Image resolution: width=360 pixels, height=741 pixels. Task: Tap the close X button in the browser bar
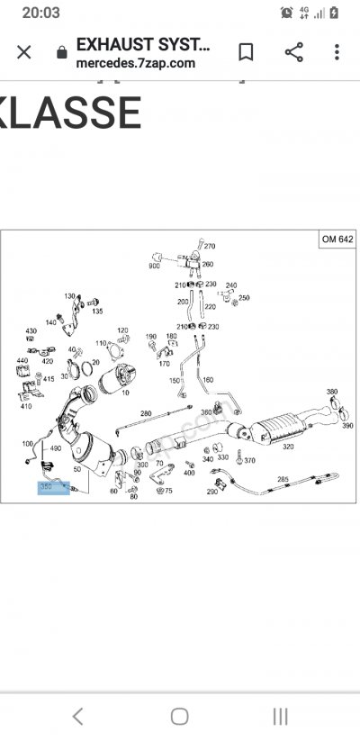pos(24,52)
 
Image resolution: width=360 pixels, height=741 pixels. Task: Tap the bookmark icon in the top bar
pos(246,52)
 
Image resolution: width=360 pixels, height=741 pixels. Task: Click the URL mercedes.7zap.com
pos(135,63)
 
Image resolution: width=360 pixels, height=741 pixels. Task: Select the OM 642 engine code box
pos(337,240)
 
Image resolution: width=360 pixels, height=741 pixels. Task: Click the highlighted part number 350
pos(47,487)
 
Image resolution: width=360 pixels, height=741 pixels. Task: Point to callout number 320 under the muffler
pos(288,446)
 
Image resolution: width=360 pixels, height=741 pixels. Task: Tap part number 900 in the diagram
pos(154,267)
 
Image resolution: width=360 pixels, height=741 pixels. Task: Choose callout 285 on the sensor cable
pos(283,480)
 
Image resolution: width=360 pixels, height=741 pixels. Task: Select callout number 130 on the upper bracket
pos(69,296)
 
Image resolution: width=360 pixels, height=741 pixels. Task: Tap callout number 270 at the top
pos(210,246)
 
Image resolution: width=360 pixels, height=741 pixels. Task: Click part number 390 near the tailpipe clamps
pos(347,425)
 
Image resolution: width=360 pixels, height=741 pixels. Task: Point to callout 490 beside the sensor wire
pos(56,448)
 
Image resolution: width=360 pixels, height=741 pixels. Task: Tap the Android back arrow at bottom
pos(78,717)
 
